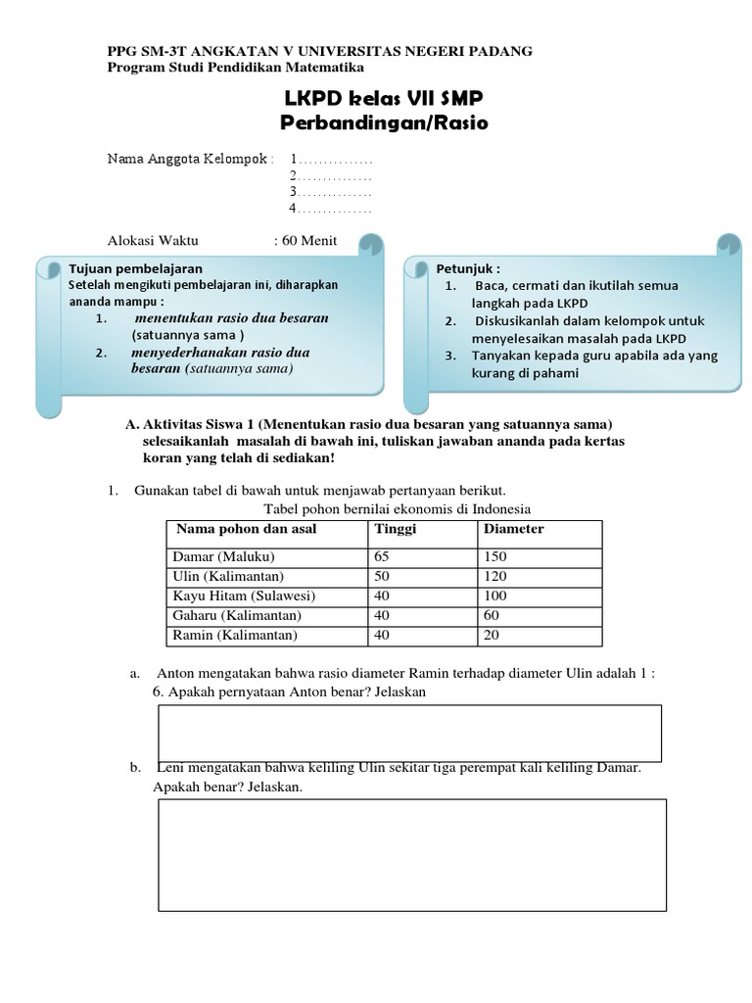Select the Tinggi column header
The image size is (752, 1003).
[396, 529]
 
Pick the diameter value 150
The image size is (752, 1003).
[494, 556]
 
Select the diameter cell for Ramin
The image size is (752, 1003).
[491, 635]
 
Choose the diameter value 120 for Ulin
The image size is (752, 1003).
[494, 576]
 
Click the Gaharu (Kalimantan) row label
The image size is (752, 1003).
[237, 615]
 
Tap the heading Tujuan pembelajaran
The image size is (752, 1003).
[136, 267]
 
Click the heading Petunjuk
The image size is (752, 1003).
[468, 267]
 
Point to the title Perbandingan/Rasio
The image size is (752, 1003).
[384, 124]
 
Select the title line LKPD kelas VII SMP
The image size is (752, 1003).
[384, 100]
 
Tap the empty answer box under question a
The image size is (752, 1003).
[409, 733]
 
